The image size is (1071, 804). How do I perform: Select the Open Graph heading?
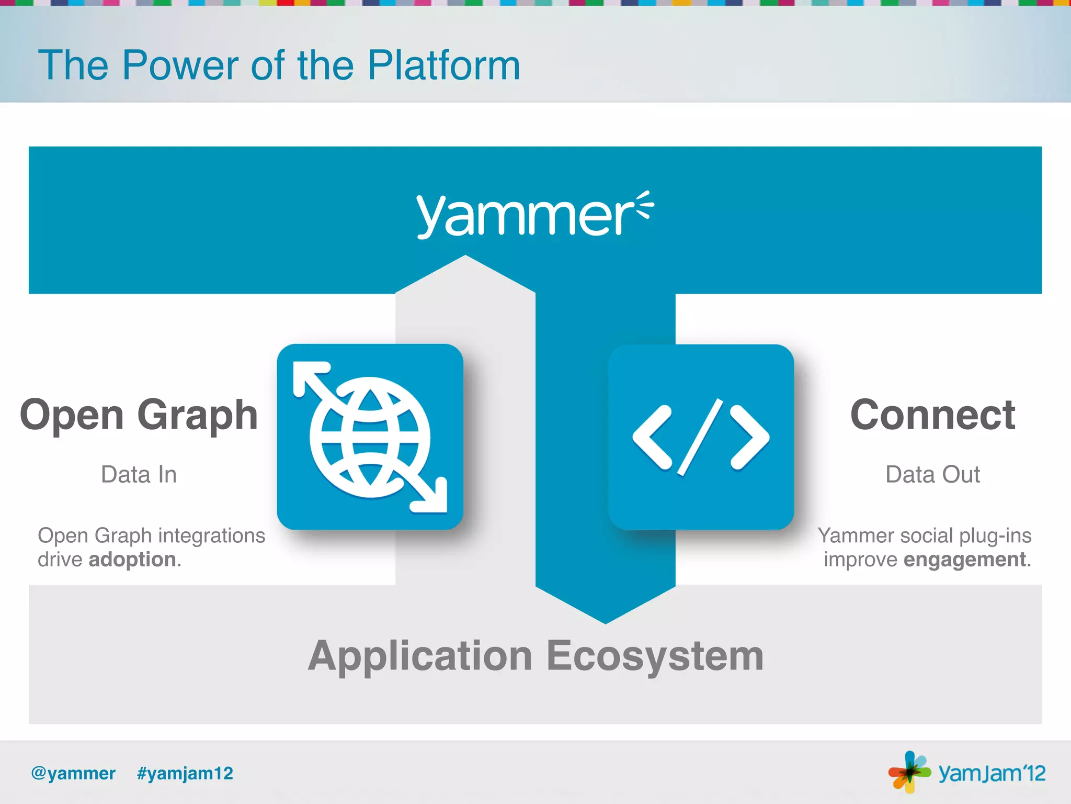coord(139,415)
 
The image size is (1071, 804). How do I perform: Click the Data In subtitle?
coord(139,474)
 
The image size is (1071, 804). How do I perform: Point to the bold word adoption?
coord(132,560)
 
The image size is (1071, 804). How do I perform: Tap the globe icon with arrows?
coord(370,437)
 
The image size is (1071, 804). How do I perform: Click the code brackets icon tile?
coord(701,437)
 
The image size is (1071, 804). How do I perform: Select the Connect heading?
coord(932,415)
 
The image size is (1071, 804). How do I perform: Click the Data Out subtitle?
coord(932,474)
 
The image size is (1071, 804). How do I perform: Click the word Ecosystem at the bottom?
coord(655,656)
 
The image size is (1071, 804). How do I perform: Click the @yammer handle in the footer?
coord(73,773)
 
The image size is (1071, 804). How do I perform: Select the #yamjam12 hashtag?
coord(185,773)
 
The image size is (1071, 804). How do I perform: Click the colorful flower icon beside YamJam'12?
coord(909,772)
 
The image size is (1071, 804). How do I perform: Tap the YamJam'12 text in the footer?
coord(992,773)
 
